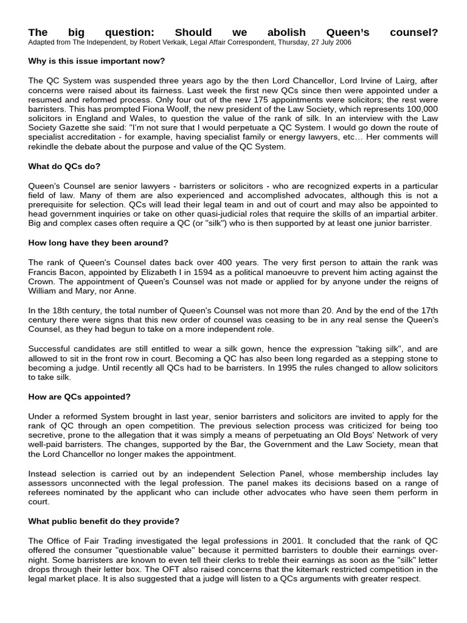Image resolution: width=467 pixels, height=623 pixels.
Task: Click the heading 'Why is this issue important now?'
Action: (x=97, y=61)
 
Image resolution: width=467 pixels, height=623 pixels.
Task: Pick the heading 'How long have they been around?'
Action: (x=98, y=243)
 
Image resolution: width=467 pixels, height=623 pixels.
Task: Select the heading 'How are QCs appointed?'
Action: (x=80, y=397)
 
